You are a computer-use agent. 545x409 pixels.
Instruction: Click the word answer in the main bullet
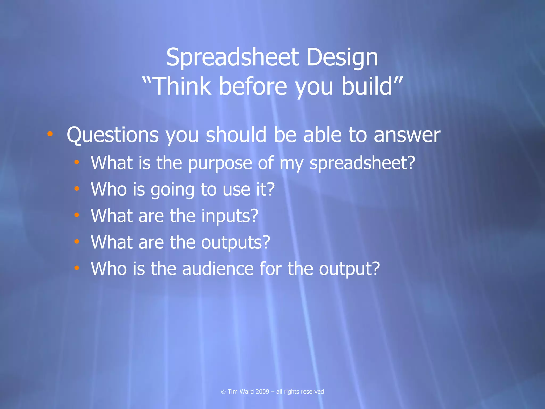pyautogui.click(x=407, y=135)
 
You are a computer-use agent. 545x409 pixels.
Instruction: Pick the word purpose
pyautogui.click(x=220, y=163)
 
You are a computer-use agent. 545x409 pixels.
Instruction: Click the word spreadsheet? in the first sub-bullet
pyautogui.click(x=362, y=163)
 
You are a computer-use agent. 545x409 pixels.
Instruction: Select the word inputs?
pyautogui.click(x=230, y=216)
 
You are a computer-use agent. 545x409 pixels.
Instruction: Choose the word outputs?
pyautogui.click(x=236, y=242)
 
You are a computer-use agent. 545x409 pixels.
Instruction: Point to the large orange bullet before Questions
pyautogui.click(x=50, y=134)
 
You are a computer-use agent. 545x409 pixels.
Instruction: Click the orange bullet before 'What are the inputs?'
pyautogui.click(x=77, y=215)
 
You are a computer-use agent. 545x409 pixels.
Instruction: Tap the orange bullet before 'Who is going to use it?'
pyautogui.click(x=77, y=189)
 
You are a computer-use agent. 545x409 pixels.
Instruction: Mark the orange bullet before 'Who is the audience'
pyautogui.click(x=77, y=268)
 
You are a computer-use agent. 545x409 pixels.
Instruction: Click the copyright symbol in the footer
pyautogui.click(x=223, y=392)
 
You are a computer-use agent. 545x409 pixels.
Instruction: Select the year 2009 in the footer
pyautogui.click(x=262, y=392)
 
